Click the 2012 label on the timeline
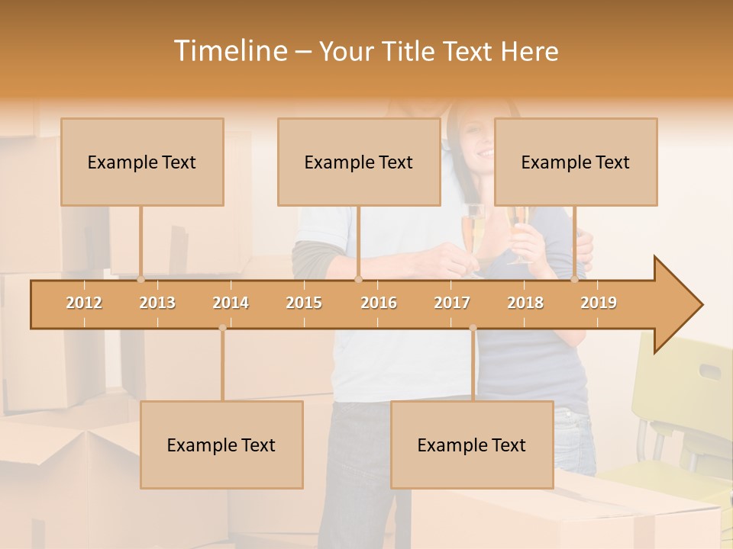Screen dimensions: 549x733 (x=84, y=303)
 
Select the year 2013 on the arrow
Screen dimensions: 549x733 (x=157, y=303)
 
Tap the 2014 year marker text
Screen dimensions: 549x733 (x=231, y=303)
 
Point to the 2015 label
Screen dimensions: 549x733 (x=304, y=303)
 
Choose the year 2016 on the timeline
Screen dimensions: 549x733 (x=379, y=303)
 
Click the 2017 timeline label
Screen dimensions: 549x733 (x=452, y=303)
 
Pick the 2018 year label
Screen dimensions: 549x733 (x=525, y=303)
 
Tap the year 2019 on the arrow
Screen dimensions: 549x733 (x=599, y=303)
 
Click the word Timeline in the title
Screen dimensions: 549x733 (x=228, y=51)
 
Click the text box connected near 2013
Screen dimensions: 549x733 (x=142, y=162)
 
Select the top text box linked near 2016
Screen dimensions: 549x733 (x=359, y=162)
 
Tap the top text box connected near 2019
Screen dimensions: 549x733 (x=576, y=162)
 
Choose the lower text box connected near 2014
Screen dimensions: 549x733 (x=221, y=445)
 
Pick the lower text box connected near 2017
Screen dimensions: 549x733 (x=472, y=445)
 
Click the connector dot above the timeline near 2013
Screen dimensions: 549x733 (x=140, y=280)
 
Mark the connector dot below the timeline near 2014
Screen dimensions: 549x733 (x=222, y=328)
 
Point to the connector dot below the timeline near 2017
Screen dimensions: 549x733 (x=473, y=328)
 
